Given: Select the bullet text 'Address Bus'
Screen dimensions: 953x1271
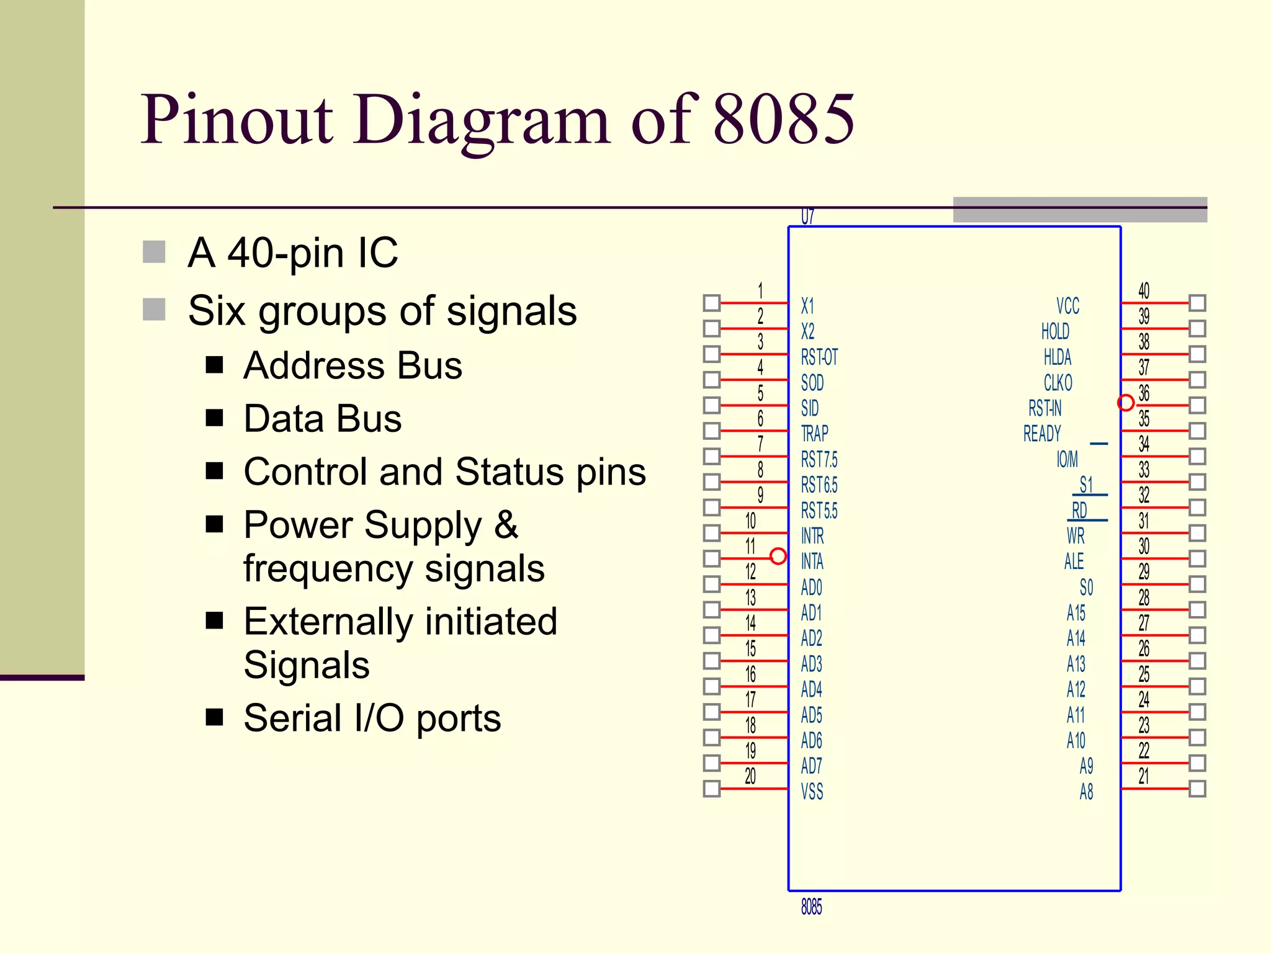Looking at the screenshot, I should [x=353, y=365].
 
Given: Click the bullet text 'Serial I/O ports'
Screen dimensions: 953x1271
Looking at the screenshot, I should [x=372, y=718].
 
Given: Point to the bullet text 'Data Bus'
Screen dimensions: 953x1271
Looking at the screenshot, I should [x=322, y=419].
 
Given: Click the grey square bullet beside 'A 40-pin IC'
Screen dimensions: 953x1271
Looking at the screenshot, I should [x=154, y=252].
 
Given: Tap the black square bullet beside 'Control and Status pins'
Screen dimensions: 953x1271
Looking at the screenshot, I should [x=215, y=472].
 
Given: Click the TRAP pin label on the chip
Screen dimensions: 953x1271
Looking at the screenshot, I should [x=814, y=433].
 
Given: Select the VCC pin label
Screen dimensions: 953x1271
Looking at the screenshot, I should [x=1067, y=306].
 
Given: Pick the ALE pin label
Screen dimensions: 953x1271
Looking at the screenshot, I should [x=1074, y=562].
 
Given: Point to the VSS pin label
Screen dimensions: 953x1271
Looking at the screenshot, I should [x=812, y=792].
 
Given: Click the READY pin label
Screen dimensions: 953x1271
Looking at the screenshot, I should [x=1042, y=434].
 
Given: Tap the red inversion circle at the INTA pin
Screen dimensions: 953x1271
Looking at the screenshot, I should [x=778, y=556].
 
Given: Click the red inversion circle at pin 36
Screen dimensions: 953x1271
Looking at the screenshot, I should [x=1126, y=403].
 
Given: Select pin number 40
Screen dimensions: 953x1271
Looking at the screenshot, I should [x=1143, y=290].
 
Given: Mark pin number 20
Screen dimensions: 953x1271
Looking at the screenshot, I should [x=750, y=776].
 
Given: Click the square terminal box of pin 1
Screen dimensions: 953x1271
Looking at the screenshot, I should [x=712, y=303].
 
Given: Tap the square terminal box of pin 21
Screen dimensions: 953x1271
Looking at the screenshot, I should [x=1197, y=789].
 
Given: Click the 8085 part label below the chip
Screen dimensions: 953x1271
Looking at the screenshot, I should [x=811, y=907].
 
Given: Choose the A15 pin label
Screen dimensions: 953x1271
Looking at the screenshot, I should [x=1076, y=613].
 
